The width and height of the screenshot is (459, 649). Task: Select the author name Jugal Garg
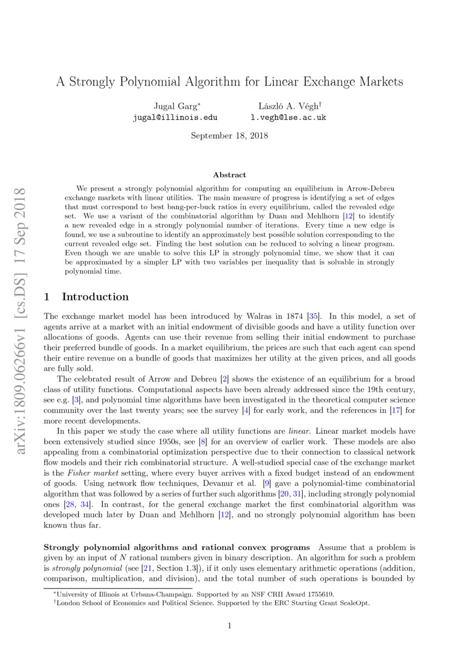coord(173,106)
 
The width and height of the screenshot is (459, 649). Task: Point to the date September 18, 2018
coord(229,135)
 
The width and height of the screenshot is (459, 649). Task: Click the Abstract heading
coord(229,175)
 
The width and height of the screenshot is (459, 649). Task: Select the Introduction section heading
coord(95,296)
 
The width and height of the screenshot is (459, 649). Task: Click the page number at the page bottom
coord(229,626)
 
